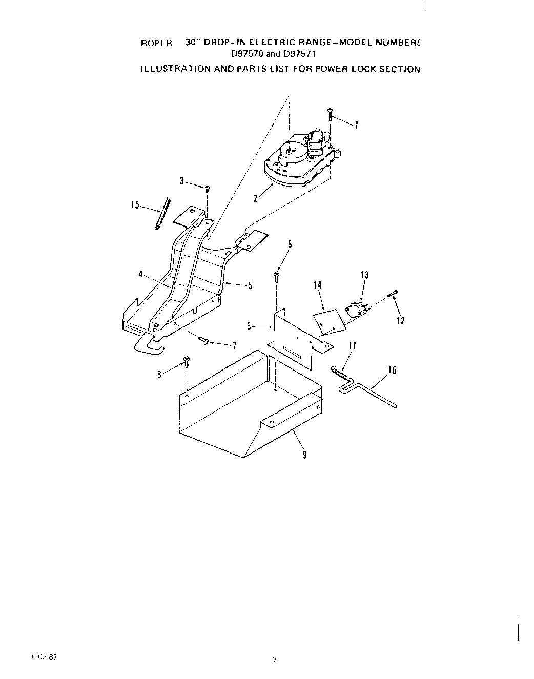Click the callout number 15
click(135, 205)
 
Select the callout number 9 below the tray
click(305, 455)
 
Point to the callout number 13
click(364, 275)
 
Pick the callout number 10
click(393, 370)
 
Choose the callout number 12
click(400, 321)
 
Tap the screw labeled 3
click(208, 189)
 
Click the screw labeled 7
click(203, 340)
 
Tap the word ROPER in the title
click(156, 44)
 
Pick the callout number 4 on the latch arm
click(140, 274)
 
